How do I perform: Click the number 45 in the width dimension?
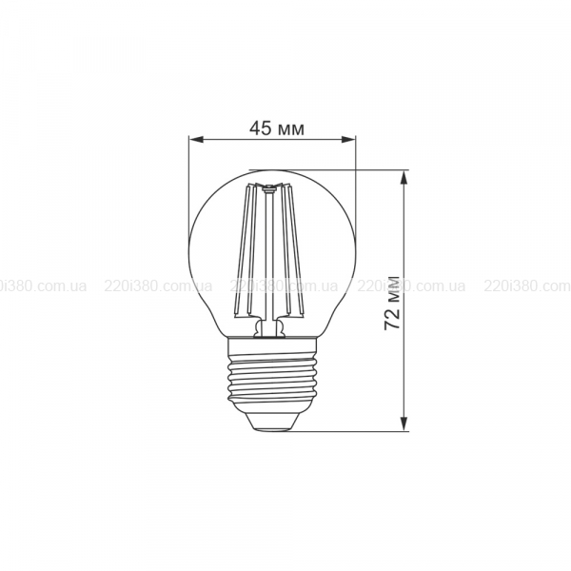point(261,128)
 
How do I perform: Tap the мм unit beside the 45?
point(290,130)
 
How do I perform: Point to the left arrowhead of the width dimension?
point(197,139)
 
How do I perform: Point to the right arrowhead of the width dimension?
point(348,139)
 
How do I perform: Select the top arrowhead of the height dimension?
point(404,178)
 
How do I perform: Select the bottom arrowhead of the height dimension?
point(404,423)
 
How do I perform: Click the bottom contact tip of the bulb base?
point(272,429)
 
